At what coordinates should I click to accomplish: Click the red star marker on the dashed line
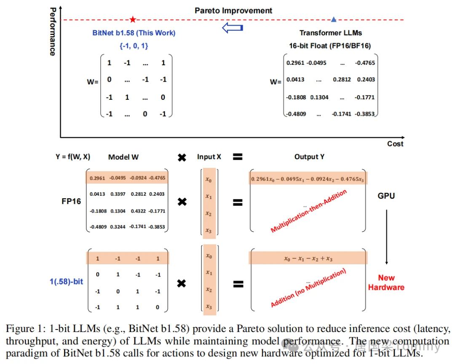133,19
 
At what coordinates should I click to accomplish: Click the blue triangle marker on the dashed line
334,19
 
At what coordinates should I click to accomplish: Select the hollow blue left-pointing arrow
233,28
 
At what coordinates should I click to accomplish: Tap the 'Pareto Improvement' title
233,11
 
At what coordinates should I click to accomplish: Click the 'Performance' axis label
53,32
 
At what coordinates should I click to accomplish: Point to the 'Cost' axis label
395,144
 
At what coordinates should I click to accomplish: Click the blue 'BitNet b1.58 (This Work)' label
134,33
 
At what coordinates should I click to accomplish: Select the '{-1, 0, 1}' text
134,46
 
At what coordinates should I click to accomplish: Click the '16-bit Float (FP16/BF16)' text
330,46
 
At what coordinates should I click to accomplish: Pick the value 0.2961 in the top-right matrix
295,63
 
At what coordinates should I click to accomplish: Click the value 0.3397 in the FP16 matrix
118,194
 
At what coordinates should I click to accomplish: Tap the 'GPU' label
386,196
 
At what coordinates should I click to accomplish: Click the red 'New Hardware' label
386,282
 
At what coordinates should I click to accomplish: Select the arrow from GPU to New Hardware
386,237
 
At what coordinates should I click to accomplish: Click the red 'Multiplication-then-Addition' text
308,211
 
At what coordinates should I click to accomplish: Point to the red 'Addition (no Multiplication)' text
308,287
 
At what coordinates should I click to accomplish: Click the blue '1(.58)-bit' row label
66,282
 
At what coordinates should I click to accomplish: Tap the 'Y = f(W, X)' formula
73,157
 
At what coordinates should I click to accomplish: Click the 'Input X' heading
209,157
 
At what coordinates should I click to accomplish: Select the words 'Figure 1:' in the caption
26,329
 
